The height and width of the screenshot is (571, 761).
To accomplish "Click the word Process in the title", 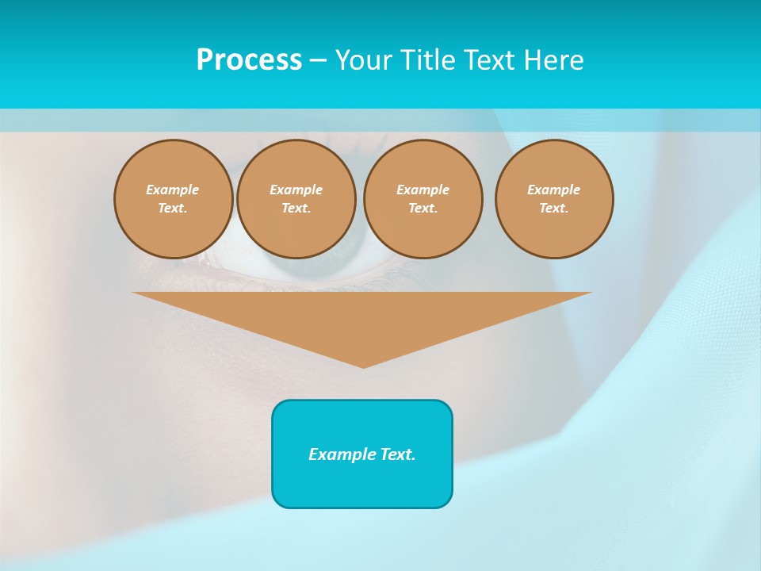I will pos(249,60).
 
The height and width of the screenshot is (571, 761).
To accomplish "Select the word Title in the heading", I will pos(426,60).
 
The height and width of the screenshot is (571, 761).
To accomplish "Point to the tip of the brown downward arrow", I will pos(363,366).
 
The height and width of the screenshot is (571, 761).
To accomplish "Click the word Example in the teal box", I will pos(341,454).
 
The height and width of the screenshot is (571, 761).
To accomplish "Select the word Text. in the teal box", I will pos(396,454).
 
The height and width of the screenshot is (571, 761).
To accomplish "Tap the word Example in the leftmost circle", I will pos(173,190).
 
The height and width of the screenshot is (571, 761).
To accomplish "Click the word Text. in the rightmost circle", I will pos(554,208).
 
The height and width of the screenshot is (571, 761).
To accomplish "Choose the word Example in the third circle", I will pos(423,190).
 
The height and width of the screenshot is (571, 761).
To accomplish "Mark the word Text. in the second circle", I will pos(296,208).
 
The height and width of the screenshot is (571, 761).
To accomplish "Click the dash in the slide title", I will pos(318,60).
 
